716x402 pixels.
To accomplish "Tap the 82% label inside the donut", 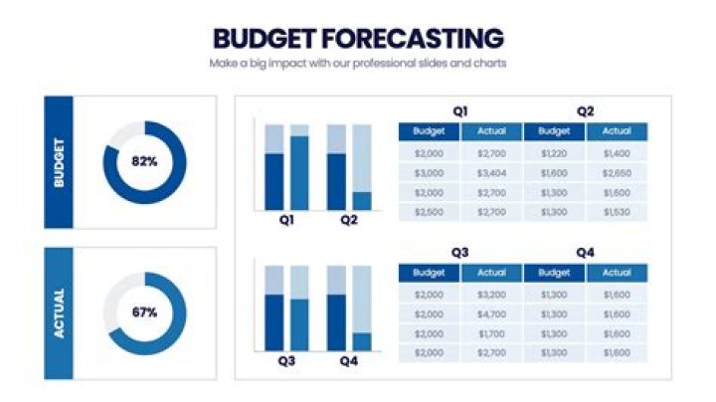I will [144, 161].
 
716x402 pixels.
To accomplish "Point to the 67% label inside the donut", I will [144, 312].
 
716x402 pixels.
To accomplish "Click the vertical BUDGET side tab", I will [59, 162].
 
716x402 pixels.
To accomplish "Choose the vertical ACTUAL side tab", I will [59, 313].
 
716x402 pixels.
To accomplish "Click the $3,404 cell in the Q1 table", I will [491, 172].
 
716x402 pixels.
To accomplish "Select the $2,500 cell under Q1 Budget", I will [429, 213].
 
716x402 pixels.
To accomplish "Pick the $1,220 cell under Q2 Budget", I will [554, 153].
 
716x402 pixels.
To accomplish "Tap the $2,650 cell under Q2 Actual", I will [617, 172].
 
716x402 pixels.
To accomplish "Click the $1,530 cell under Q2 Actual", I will [617, 213].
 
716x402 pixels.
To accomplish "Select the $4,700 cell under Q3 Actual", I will [491, 313].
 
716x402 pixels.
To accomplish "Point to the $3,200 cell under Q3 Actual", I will [491, 295].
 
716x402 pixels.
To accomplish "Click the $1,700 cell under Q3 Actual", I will [491, 333].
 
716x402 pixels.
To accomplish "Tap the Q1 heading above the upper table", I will [460, 111].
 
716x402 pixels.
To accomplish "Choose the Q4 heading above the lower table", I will [585, 253].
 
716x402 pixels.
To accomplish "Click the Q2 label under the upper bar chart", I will [348, 221].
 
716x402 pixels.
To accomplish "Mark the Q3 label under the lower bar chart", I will [286, 362].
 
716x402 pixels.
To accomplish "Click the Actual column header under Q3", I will [491, 273].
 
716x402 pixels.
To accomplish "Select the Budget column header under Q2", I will [554, 131].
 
